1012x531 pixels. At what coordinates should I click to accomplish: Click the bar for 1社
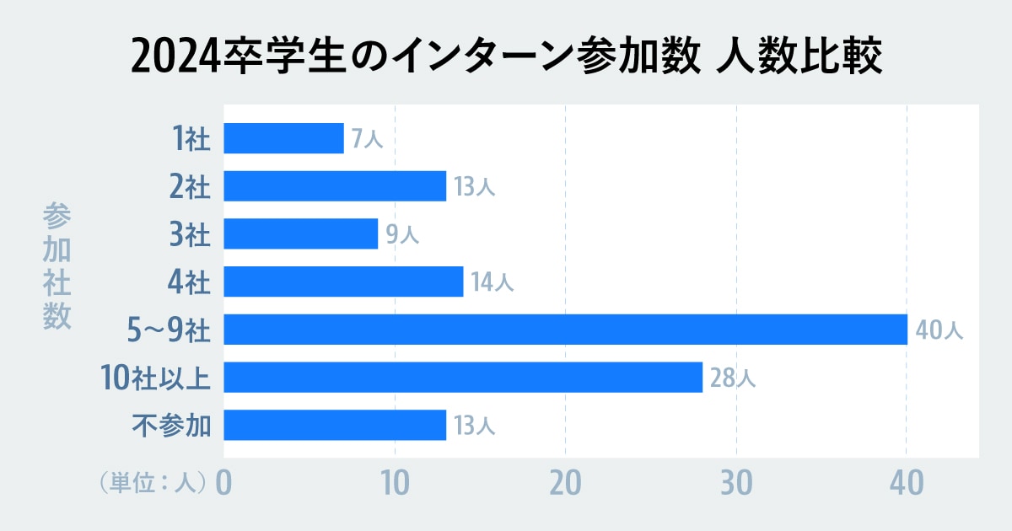coord(283,138)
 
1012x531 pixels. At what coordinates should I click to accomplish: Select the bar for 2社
coord(335,186)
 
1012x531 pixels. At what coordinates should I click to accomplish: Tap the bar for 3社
coord(300,233)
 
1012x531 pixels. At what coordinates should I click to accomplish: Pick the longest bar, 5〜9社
coord(565,330)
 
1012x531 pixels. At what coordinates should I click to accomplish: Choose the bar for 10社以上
coord(463,378)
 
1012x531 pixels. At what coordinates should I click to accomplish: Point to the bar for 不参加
coord(335,426)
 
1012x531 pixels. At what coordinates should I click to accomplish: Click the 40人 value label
coord(938,330)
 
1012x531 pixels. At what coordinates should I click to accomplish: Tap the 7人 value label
coord(367,139)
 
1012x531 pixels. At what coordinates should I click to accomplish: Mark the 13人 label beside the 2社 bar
coord(474,187)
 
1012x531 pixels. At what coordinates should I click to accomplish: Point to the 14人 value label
coord(492,282)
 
